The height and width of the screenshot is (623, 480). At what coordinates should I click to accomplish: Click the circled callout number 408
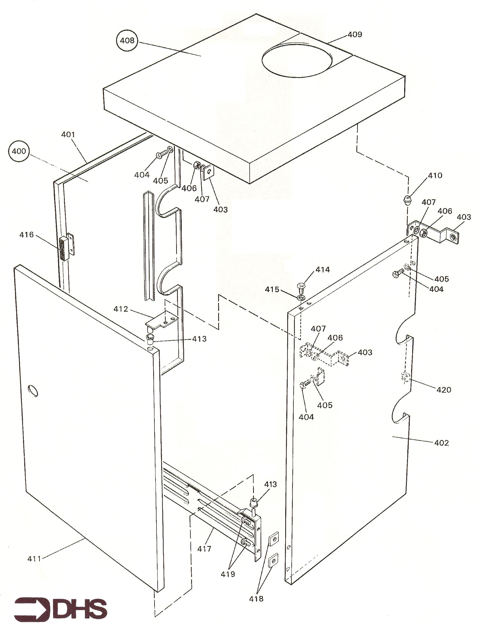127,40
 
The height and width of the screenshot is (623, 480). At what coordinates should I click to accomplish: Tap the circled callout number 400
19,151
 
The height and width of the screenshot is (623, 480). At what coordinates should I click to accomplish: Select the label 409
355,34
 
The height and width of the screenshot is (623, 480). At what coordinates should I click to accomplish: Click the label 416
27,235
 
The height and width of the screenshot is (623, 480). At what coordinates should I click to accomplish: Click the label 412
121,309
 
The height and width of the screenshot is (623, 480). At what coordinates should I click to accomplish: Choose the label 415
272,290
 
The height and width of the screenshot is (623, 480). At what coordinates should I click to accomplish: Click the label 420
444,390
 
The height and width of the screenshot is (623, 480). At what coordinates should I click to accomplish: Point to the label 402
442,443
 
